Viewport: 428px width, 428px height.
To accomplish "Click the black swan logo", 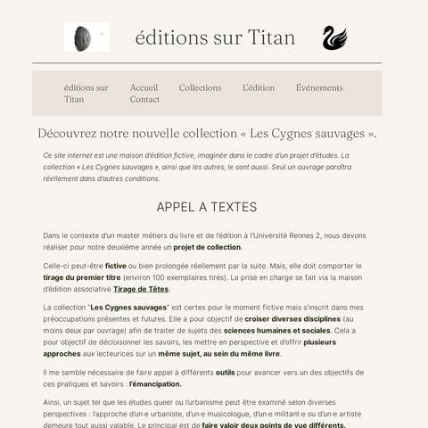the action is pyautogui.click(x=334, y=37).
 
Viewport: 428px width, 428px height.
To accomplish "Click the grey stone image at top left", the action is pyautogui.click(x=86, y=37).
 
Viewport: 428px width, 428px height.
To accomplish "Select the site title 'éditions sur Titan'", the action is pyautogui.click(x=215, y=37).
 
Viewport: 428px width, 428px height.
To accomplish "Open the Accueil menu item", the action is pyautogui.click(x=144, y=87).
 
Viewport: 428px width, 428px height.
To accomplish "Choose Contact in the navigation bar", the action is pyautogui.click(x=144, y=99).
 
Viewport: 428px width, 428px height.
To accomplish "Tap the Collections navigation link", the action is pyautogui.click(x=200, y=87).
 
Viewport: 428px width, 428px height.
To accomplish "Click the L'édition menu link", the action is pyautogui.click(x=259, y=87).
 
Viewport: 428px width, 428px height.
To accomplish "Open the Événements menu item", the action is pyautogui.click(x=319, y=87).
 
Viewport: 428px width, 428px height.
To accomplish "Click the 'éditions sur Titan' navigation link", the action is pyautogui.click(x=86, y=94).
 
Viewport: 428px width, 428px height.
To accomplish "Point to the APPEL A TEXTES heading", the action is pyautogui.click(x=206, y=207).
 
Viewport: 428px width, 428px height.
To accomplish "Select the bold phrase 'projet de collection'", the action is pyautogui.click(x=207, y=247).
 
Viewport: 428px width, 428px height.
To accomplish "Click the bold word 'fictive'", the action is pyautogui.click(x=116, y=266).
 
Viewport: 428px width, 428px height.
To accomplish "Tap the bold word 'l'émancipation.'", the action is pyautogui.click(x=155, y=383).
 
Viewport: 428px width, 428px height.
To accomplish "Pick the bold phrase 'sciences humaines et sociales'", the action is pyautogui.click(x=276, y=330).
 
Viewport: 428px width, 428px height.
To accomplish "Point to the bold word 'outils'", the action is pyautogui.click(x=225, y=372).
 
